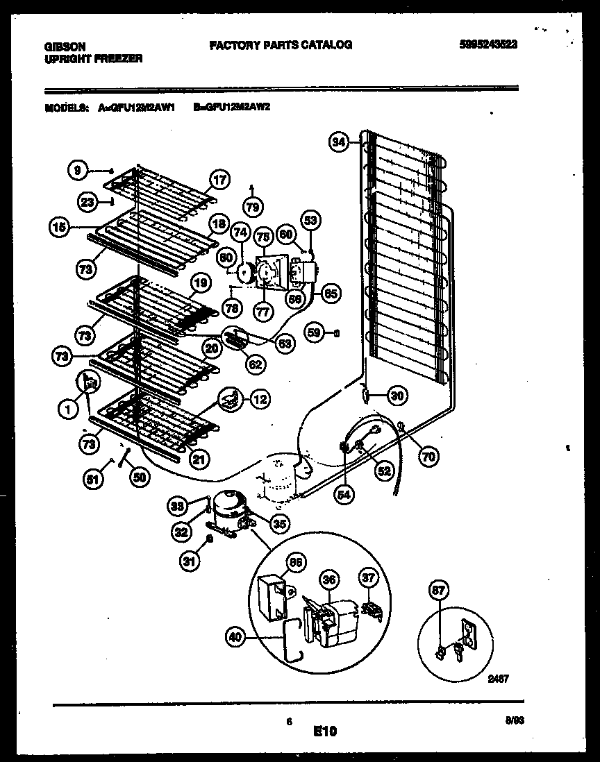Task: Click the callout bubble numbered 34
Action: [x=338, y=142]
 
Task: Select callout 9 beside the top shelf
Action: [x=78, y=169]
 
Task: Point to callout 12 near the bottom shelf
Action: [x=259, y=399]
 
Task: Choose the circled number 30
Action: [x=397, y=396]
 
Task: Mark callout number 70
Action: [x=428, y=456]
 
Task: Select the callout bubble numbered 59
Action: [x=315, y=333]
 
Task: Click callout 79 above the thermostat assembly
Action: [x=252, y=206]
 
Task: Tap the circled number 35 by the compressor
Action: [x=281, y=523]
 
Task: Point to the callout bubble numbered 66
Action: [x=296, y=564]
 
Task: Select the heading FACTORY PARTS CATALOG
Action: [x=281, y=44]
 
